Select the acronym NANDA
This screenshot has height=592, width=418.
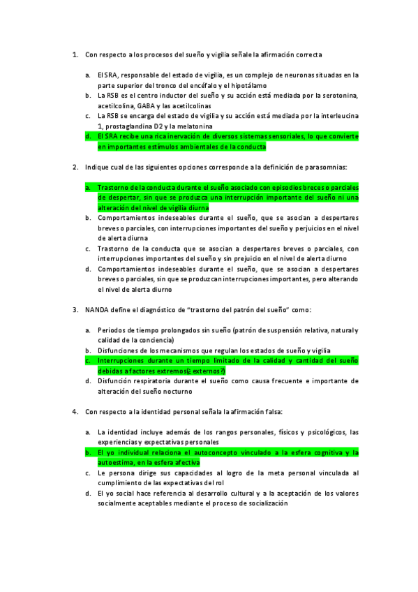click(98, 309)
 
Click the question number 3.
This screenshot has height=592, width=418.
click(75, 309)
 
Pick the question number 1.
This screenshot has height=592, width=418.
click(75, 54)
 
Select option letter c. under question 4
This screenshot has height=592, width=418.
click(88, 473)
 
